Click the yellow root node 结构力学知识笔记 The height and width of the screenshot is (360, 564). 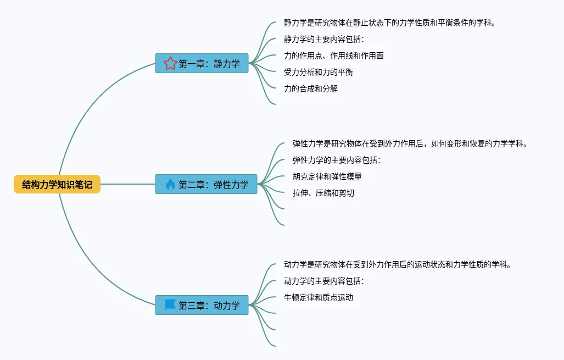coord(57,184)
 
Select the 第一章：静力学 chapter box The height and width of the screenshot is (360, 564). coord(202,63)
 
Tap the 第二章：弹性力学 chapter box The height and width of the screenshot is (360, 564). coord(206,184)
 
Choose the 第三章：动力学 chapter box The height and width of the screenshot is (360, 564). coord(202,305)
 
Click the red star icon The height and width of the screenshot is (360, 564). coord(170,63)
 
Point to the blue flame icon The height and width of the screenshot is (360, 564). coord(170,184)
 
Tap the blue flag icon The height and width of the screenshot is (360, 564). coord(170,305)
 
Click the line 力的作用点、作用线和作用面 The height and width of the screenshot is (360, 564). coord(334,56)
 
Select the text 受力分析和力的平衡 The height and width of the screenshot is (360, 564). coord(319,73)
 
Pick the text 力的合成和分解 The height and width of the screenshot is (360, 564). coord(311,89)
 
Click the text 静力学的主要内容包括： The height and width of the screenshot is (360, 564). coord(323,39)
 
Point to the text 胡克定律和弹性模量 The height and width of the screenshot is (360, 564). coord(327,177)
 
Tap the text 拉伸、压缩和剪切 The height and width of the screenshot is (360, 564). coord(323,193)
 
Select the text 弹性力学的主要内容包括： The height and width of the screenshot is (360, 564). coord(336,160)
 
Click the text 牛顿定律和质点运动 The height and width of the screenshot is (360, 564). coord(319,298)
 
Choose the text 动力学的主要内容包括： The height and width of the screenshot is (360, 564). coord(323,281)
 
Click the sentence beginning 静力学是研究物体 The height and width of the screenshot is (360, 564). coord(390,23)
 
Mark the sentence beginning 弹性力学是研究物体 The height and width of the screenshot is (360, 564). coord(410,143)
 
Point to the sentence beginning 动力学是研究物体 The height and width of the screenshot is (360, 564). coord(398,264)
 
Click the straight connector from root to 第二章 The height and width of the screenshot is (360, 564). coord(128,184)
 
